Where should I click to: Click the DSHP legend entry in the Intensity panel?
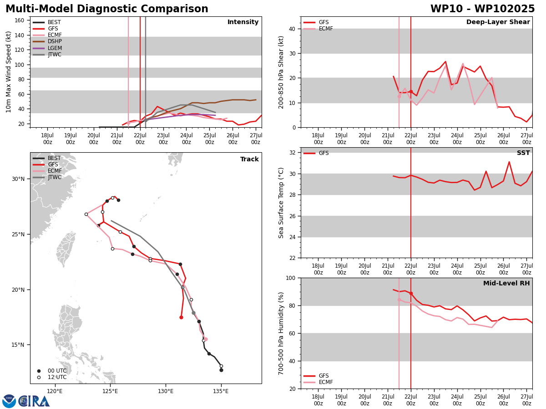(x=47, y=41)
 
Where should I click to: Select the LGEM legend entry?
(x=47, y=48)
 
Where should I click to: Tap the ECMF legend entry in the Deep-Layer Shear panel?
(x=318, y=29)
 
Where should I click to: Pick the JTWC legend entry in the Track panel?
(x=47, y=177)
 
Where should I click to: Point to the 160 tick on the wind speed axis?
(x=19, y=20)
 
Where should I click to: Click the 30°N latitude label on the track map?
(x=18, y=179)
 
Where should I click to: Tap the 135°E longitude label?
(x=221, y=391)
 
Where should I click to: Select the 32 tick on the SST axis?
(x=292, y=153)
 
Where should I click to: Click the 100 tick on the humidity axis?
(x=291, y=278)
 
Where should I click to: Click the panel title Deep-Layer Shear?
(x=498, y=22)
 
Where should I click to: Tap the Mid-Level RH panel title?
(x=506, y=283)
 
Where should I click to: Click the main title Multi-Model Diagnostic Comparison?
(x=107, y=9)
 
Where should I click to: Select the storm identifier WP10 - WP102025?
(x=483, y=9)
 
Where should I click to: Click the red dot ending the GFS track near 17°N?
(x=182, y=317)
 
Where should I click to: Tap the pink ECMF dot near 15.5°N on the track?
(x=206, y=339)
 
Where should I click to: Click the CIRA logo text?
(x=34, y=401)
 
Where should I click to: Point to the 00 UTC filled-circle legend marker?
(x=39, y=371)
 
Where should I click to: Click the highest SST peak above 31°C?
(x=509, y=162)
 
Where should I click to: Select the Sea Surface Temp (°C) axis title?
(x=281, y=203)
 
